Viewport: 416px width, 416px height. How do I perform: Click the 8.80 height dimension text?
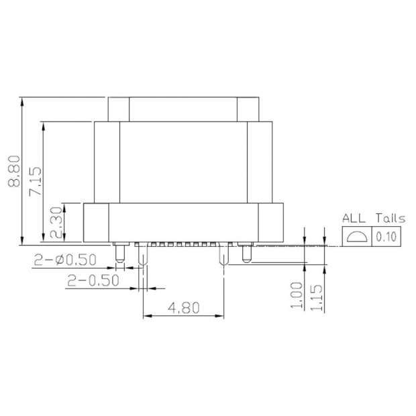coord(13,172)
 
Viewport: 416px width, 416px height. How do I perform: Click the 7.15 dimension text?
coord(36,181)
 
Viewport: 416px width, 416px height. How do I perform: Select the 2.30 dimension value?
coord(56,224)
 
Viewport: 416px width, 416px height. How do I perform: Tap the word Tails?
coord(391,218)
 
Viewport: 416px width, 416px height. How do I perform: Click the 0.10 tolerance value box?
coord(386,237)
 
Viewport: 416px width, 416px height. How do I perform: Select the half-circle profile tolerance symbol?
coord(356,237)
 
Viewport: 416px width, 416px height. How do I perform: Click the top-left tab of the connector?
coord(119,109)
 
